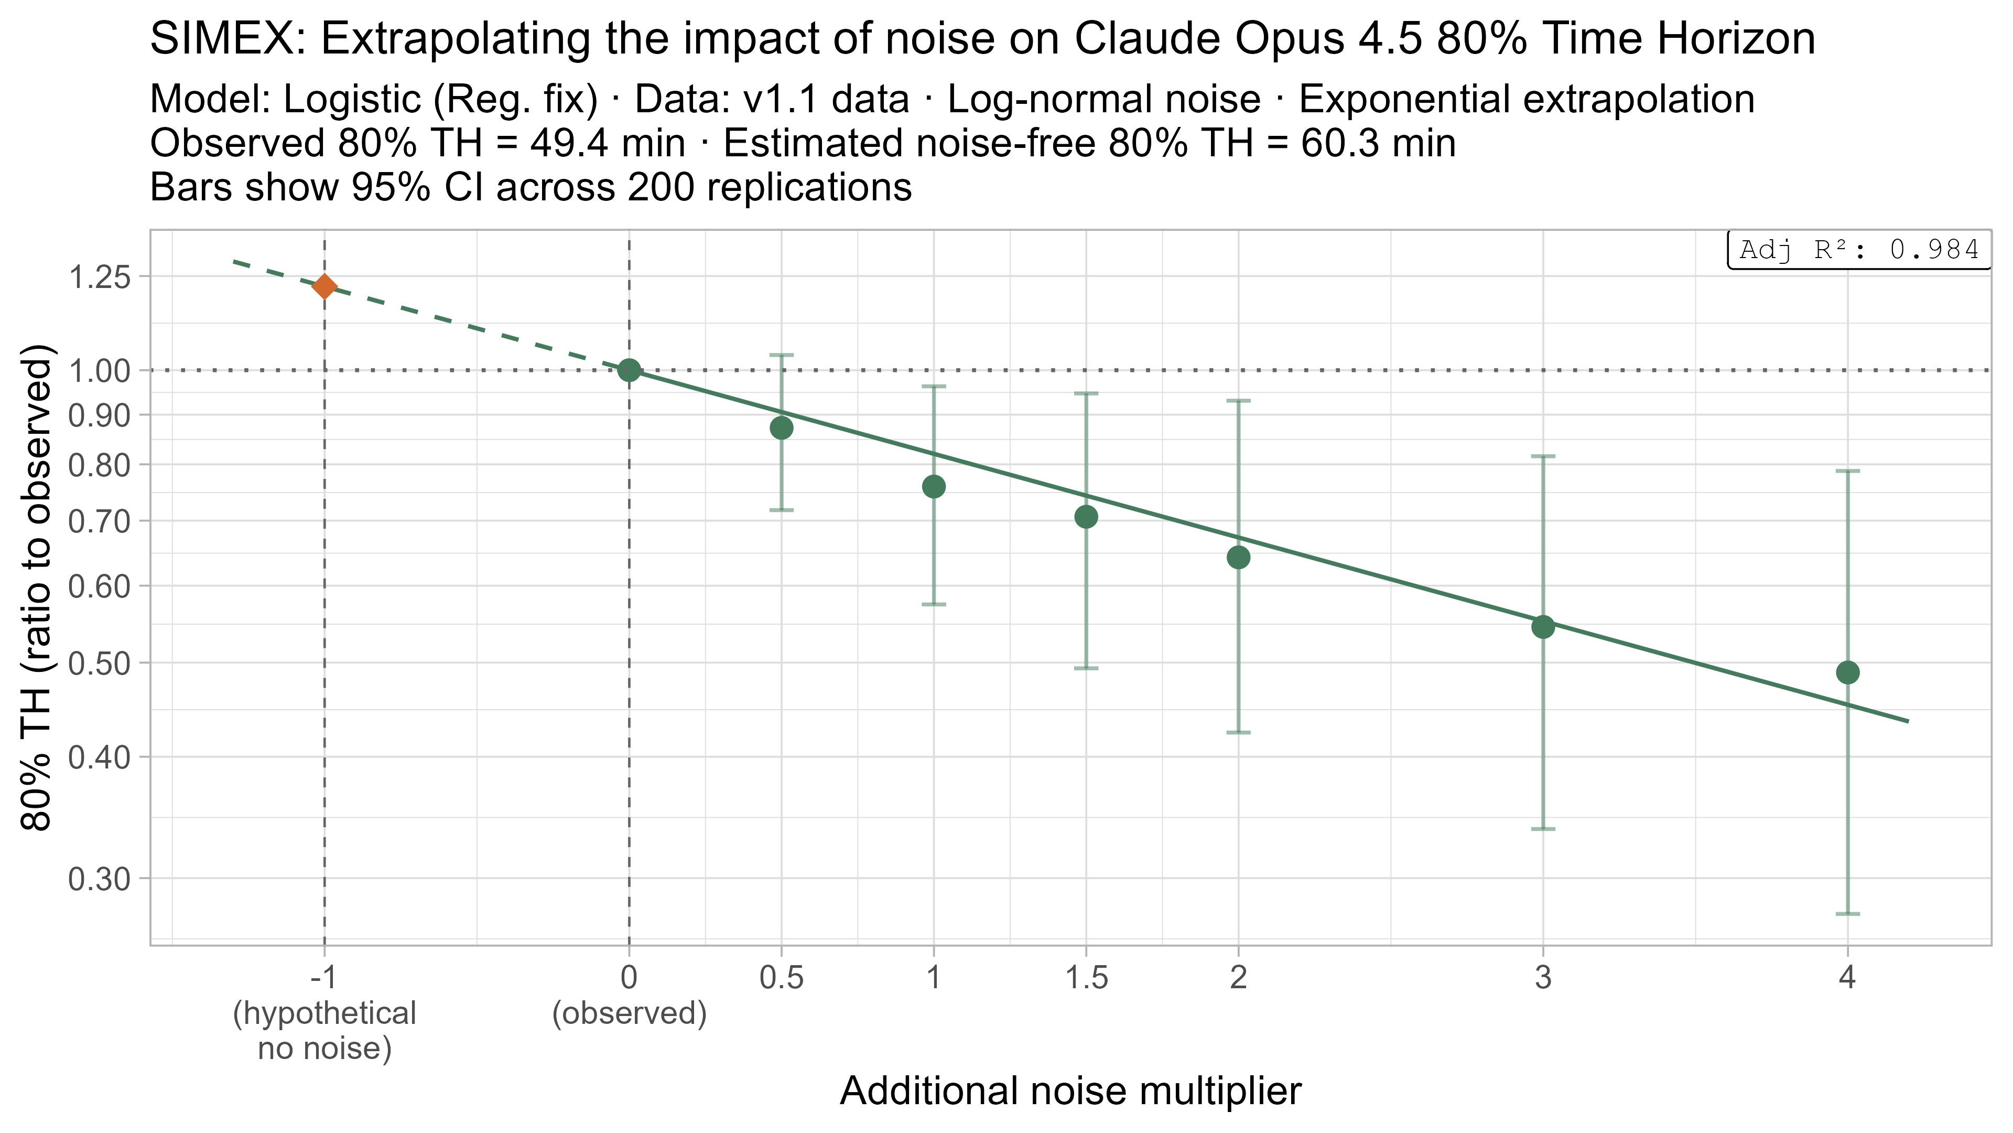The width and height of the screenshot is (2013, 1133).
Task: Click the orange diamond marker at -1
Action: point(324,286)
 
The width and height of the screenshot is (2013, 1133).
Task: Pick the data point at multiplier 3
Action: point(1543,626)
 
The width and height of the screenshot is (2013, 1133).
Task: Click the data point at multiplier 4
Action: point(1847,672)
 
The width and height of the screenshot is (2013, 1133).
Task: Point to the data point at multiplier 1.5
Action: point(1086,517)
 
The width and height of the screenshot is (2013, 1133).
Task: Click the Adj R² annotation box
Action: point(1859,250)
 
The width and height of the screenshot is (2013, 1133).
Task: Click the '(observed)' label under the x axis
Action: point(629,1014)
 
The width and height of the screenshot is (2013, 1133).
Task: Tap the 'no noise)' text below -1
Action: point(324,1048)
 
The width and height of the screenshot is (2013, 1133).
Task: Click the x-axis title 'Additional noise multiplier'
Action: point(1070,1092)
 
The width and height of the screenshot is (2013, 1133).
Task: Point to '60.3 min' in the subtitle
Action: point(1379,144)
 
